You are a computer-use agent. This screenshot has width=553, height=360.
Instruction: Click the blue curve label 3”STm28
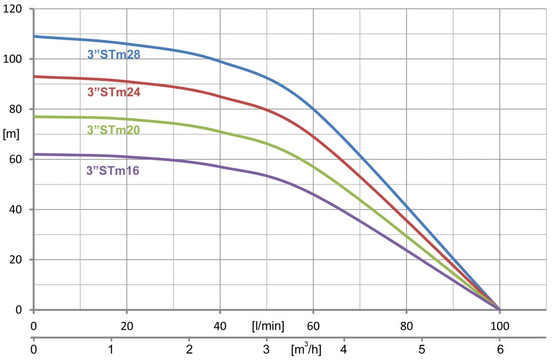pos(114,55)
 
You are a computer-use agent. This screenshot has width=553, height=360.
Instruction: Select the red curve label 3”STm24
pos(114,92)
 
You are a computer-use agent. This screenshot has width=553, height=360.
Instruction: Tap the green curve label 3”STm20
pos(114,130)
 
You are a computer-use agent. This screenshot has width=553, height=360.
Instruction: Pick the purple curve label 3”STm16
pos(113,171)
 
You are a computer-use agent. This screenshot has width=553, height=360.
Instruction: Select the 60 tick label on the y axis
pos(15,159)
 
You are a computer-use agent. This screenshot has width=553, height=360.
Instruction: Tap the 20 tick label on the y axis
pos(15,259)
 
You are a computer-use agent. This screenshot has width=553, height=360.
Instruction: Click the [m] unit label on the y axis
pos(11,134)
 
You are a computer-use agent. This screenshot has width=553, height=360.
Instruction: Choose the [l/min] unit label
pos(268,326)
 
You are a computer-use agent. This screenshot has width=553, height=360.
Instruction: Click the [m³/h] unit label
pos(306,348)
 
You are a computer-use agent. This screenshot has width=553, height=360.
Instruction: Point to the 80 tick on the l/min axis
pos(406,326)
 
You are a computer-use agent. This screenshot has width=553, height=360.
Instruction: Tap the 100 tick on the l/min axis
pos(500,326)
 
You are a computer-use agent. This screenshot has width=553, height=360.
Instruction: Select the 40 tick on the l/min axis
pos(220,326)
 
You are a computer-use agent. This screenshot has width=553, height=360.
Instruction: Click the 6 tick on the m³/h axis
pos(500,348)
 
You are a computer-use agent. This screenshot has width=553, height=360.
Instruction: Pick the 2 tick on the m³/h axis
pos(189,348)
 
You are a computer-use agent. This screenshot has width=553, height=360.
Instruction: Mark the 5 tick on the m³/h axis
pos(422,348)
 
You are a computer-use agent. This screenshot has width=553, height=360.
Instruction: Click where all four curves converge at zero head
pos(500,309)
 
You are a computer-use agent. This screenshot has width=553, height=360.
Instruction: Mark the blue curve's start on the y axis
pos(34,36)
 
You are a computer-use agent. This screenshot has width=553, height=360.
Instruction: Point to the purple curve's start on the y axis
pos(34,154)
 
